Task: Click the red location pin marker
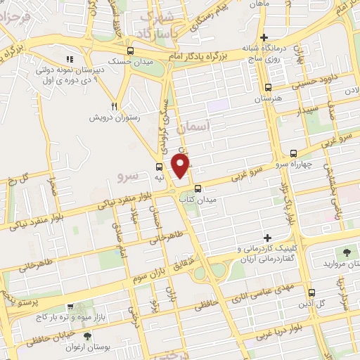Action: click(x=181, y=166)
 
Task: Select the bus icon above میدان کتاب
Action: click(x=198, y=188)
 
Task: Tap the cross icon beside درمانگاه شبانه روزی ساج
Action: click(x=264, y=37)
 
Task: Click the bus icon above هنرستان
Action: click(x=267, y=88)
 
